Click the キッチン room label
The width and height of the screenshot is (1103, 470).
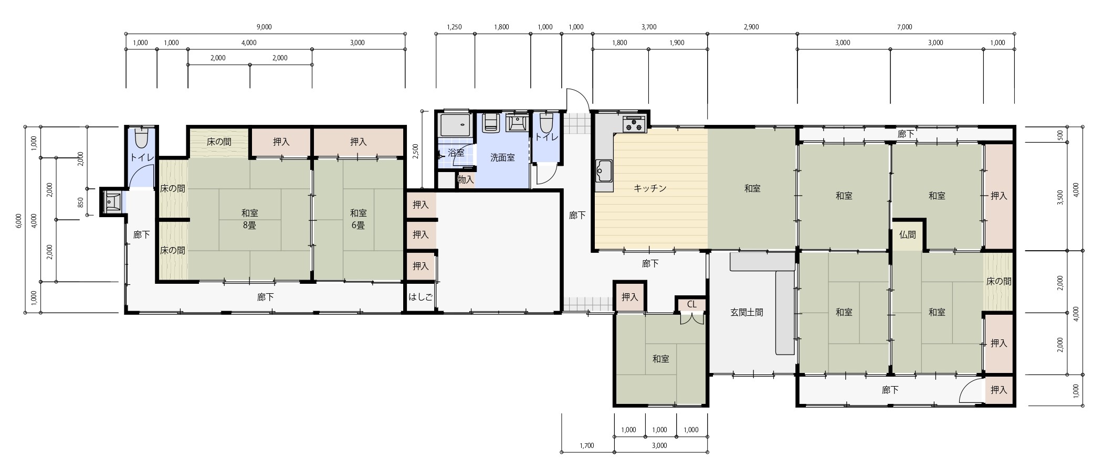point(650,188)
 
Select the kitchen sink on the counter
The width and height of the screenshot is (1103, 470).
point(604,171)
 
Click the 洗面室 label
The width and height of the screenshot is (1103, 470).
point(502,157)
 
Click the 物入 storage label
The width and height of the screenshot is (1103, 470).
point(466,180)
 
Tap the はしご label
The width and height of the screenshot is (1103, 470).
point(421,297)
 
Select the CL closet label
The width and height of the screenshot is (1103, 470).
point(692,304)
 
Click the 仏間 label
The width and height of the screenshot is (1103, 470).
point(907,235)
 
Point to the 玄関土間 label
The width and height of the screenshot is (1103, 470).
point(747,313)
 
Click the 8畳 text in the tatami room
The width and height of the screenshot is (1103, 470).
point(249,226)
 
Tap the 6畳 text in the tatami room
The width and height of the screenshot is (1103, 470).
point(358,226)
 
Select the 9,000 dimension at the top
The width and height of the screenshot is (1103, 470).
point(265,27)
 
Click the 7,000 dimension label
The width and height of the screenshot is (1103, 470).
point(905,27)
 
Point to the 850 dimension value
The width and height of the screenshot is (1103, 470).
point(80,202)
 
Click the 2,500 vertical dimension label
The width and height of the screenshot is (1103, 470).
point(416,151)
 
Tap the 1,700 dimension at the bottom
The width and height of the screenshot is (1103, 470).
point(587,446)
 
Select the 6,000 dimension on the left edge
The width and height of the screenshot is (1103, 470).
point(18,221)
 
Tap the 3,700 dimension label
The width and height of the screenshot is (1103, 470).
point(649,27)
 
